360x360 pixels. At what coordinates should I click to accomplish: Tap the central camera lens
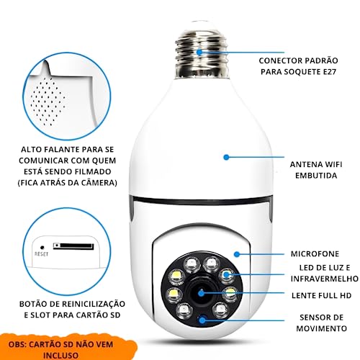click(202, 293)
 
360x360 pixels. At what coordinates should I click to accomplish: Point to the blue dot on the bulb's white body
click(225, 156)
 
